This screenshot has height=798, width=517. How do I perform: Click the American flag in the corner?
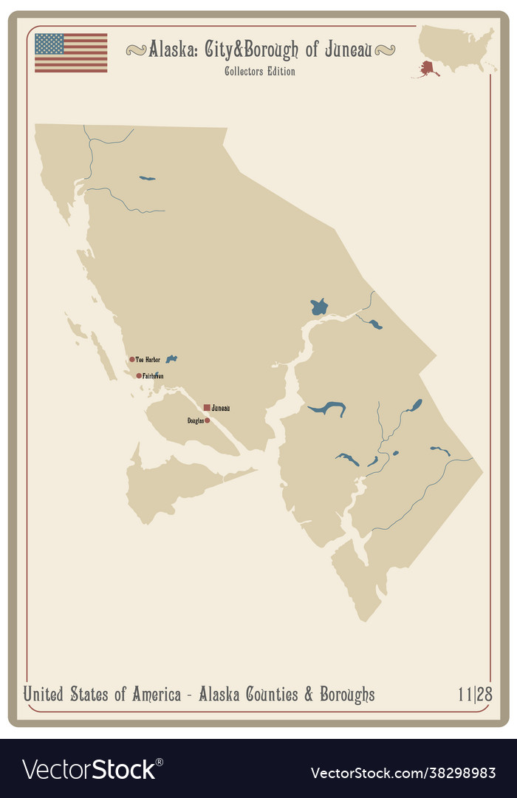pos(71,52)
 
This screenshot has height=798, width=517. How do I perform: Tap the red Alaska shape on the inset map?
pos(428,69)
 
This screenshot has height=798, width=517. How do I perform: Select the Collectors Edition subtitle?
pos(260,72)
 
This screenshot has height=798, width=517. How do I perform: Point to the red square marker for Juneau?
pos(207,407)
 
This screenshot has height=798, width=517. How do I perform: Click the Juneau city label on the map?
pos(221,408)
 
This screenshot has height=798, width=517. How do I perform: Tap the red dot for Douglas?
pos(208,420)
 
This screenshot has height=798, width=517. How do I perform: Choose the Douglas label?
pos(195,420)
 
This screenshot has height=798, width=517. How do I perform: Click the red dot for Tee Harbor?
pos(132,360)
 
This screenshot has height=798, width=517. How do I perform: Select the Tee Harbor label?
pos(148,360)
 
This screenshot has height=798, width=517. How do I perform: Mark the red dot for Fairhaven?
pos(139,376)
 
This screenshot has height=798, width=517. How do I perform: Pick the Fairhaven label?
pos(153,376)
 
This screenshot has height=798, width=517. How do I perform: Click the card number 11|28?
pos(475,695)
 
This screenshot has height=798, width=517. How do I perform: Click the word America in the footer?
pos(156,695)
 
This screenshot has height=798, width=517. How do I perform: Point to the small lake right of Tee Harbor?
pos(171,359)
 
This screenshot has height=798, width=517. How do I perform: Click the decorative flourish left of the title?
pos(136,50)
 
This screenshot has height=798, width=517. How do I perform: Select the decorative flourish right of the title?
pos(384,50)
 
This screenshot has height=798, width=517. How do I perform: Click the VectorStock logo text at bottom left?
pos(89,769)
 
